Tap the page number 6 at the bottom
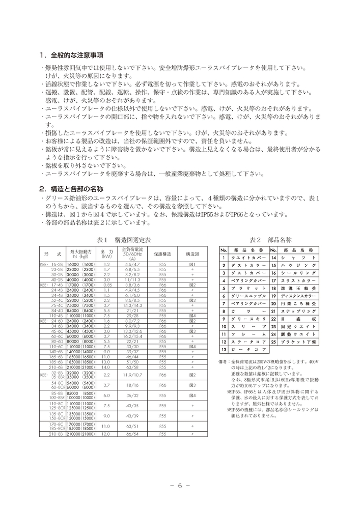(x=180, y=485)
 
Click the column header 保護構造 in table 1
(x=163, y=253)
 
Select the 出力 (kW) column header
(x=107, y=253)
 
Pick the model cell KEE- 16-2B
(x=51, y=265)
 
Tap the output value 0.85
(x=107, y=285)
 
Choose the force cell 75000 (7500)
(x=81, y=305)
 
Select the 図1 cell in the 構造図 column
(x=193, y=265)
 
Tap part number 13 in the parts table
(x=223, y=350)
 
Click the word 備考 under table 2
(x=224, y=360)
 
